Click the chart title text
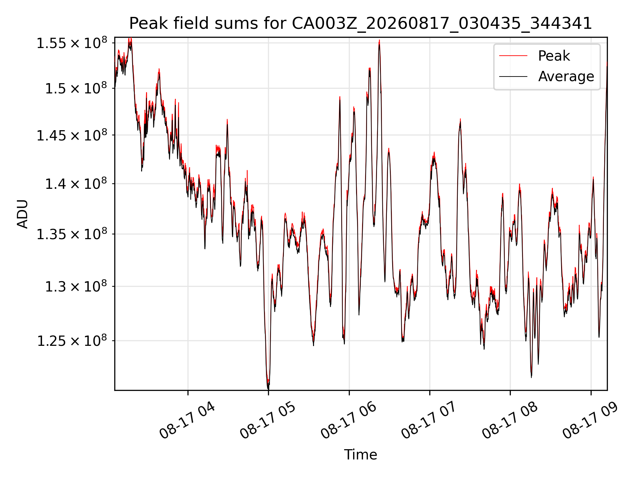point(360,24)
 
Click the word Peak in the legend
point(554,56)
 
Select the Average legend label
point(566,77)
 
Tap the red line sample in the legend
point(513,56)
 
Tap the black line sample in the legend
point(513,77)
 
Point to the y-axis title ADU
point(23,214)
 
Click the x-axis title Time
point(360,454)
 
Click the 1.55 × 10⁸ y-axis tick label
point(72,43)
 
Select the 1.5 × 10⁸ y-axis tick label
point(76,88)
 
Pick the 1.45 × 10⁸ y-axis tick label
point(72,135)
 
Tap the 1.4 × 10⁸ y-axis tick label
point(76,184)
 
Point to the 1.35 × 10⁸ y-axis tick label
point(72,234)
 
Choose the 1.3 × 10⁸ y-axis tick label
point(76,286)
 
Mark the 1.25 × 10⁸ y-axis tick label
point(72,341)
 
